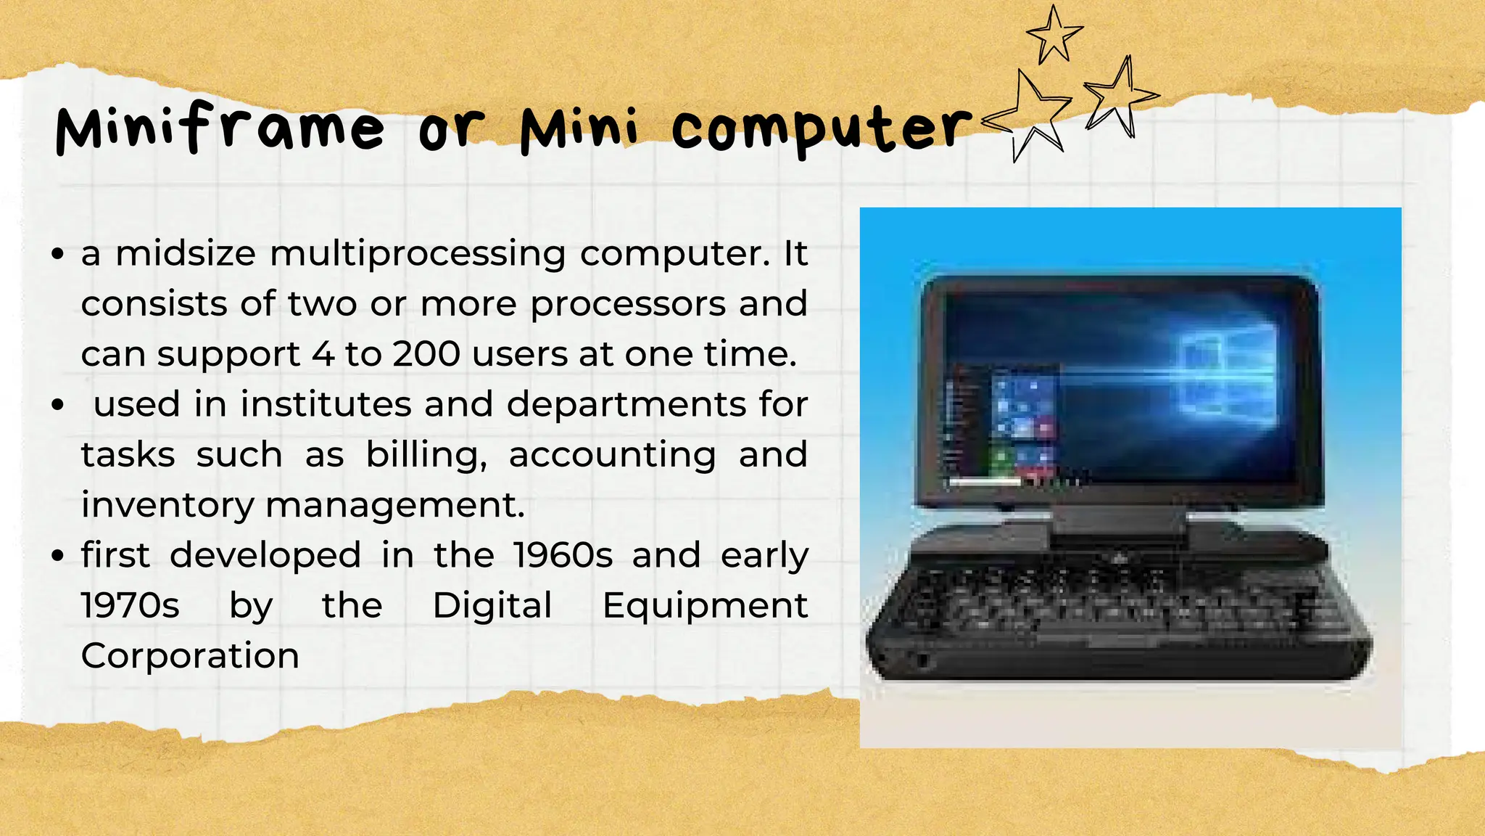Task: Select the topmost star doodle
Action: [1054, 33]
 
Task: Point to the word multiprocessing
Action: [418, 254]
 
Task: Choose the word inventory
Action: [167, 505]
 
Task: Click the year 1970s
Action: [131, 605]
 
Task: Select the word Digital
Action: [492, 605]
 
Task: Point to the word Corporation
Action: [190, 655]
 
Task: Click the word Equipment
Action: [705, 605]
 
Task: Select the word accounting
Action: [613, 456]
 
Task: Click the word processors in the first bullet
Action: [628, 304]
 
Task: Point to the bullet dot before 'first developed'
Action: [59, 556]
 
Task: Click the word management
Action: [395, 505]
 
